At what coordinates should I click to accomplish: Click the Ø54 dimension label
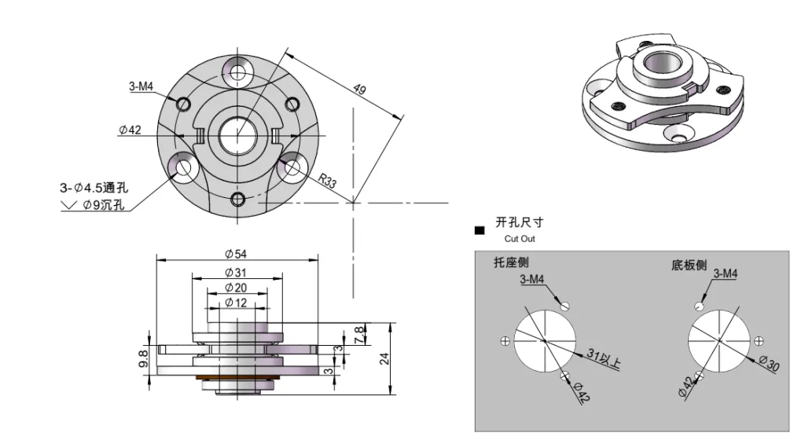236,254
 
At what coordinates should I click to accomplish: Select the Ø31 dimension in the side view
236,272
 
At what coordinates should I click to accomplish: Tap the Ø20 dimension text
236,288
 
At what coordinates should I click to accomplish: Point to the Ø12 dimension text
236,303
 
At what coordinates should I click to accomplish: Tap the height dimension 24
384,358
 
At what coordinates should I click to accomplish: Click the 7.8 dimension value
359,334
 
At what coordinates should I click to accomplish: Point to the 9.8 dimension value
143,358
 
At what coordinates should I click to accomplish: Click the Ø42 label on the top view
130,130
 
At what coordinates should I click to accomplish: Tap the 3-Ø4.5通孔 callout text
94,188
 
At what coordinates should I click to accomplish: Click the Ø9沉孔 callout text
102,206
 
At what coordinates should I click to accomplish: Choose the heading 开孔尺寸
519,223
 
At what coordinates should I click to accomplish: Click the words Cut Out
520,238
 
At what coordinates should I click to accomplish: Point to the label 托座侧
511,262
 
